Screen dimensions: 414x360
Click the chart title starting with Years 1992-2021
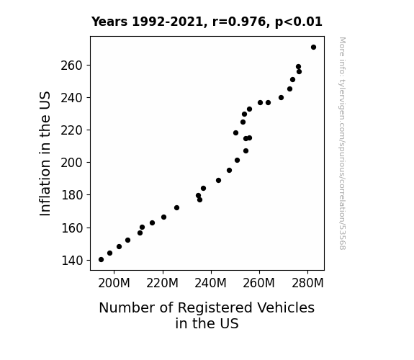[x=207, y=22]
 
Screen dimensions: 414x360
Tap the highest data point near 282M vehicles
[x=313, y=48]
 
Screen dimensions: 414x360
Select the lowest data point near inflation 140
[x=101, y=260]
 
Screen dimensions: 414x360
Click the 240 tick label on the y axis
[x=72, y=98]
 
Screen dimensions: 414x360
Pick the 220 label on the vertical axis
[x=72, y=130]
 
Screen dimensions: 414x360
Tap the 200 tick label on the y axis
[x=72, y=163]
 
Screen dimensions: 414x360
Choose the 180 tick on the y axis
[x=72, y=195]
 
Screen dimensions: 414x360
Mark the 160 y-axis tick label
[x=72, y=228]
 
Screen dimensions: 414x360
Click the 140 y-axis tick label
[x=72, y=261]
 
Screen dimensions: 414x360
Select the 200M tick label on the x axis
[x=114, y=283]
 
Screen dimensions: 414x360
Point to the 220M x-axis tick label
[x=163, y=283]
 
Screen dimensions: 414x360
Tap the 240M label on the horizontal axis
[x=211, y=283]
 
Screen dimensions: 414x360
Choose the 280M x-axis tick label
[x=307, y=283]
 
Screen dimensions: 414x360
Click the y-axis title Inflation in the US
[x=45, y=153]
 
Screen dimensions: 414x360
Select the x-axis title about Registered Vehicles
[x=207, y=315]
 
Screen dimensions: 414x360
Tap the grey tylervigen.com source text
[x=342, y=143]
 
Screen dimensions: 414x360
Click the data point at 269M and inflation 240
[x=281, y=98]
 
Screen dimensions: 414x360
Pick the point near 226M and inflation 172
[x=176, y=208]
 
